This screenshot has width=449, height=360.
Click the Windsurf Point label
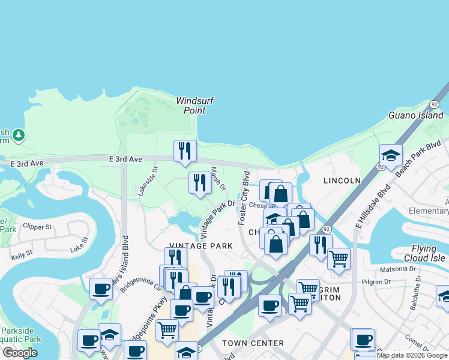[x=195, y=106]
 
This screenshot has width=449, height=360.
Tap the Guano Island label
[x=415, y=115]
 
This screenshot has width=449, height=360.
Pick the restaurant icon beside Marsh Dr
[x=200, y=183]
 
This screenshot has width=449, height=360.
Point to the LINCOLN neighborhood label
[x=342, y=181]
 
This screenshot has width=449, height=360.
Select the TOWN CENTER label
[x=253, y=343]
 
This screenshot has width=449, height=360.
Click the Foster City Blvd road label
[x=244, y=199]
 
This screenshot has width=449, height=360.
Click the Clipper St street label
[x=37, y=227]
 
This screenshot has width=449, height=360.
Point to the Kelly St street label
[x=22, y=256]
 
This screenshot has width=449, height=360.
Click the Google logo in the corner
[x=20, y=353]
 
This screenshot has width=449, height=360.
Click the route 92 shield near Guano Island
[x=434, y=104]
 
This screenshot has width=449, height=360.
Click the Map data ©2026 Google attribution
[x=412, y=355]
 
